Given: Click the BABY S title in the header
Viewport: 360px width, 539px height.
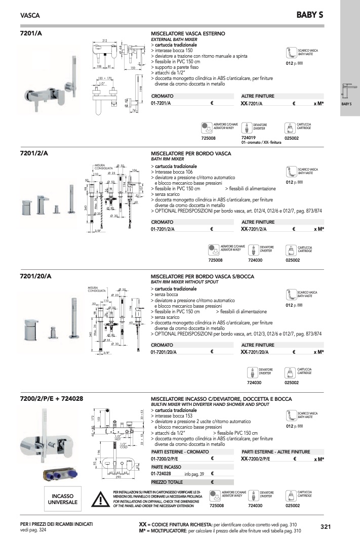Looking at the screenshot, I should [309, 16].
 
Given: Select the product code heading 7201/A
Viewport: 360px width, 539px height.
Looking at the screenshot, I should [31, 33].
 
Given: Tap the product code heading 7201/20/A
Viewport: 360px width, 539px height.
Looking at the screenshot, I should [35, 276].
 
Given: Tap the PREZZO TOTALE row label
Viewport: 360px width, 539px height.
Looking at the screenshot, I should [167, 482].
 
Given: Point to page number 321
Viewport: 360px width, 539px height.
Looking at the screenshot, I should [326, 527].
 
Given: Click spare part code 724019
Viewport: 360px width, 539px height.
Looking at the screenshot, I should [249, 138].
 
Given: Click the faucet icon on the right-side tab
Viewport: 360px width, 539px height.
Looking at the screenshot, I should [348, 92].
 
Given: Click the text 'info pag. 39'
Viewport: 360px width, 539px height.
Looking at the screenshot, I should [194, 474].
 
